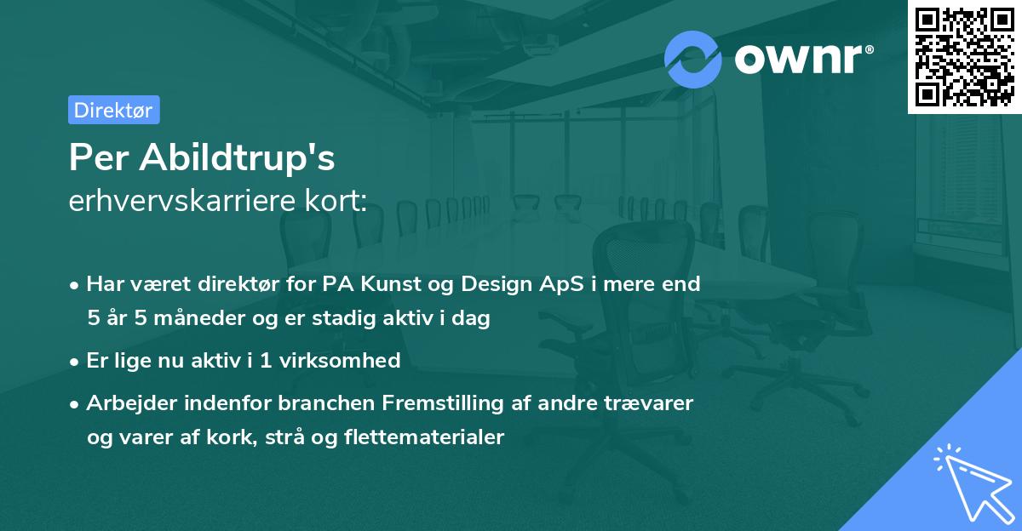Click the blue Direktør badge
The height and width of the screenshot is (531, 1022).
click(x=113, y=110)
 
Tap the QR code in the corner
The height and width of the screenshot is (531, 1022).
click(x=964, y=56)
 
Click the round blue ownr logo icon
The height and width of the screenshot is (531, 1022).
click(x=692, y=59)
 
